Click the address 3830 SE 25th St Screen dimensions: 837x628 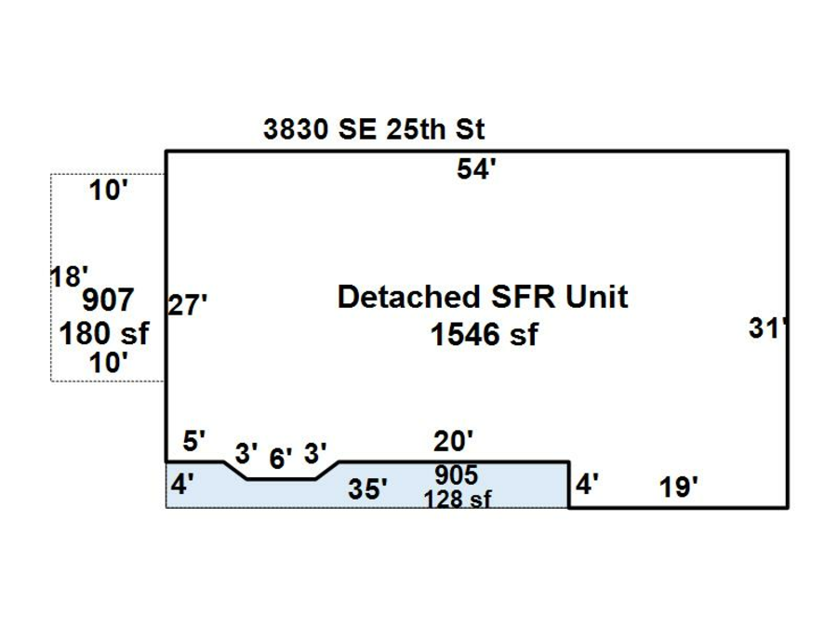tap(374, 129)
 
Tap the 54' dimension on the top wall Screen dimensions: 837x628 tap(476, 168)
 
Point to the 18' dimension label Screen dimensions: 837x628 tap(69, 276)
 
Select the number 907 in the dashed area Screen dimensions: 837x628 tap(108, 300)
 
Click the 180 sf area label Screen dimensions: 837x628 tap(104, 334)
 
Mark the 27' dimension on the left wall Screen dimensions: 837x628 tap(187, 305)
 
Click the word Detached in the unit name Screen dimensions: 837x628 tap(409, 297)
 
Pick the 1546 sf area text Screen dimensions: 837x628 tap(485, 335)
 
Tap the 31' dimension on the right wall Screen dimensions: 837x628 tap(767, 327)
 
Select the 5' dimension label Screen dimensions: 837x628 tap(193, 441)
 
